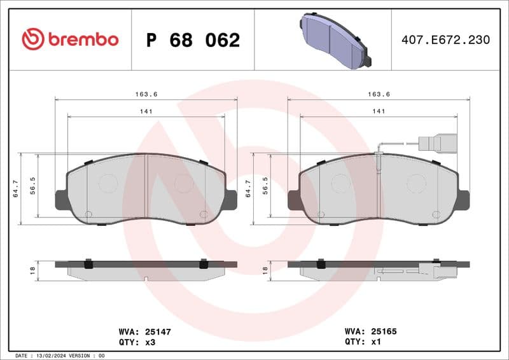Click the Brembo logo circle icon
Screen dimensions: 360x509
[x=33, y=39]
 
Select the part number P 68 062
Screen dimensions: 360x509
[x=193, y=40]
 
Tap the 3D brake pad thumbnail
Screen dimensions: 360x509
[x=335, y=40]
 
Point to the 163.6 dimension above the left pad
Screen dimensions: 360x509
[x=146, y=94]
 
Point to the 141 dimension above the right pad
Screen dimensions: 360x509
[x=379, y=111]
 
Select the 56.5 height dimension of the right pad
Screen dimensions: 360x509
[x=265, y=189]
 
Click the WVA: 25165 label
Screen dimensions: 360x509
[x=370, y=331]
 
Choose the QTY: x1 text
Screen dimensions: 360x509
[x=362, y=341]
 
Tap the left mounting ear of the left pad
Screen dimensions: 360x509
[x=61, y=200]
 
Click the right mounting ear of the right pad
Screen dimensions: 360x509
[x=464, y=200]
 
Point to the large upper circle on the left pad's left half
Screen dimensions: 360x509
[x=108, y=184]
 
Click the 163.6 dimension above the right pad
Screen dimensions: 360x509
[x=379, y=94]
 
